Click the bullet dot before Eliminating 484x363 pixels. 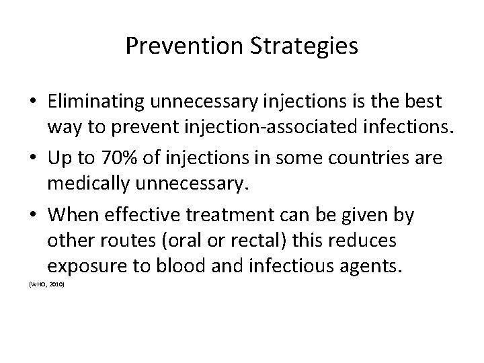coord(32,102)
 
